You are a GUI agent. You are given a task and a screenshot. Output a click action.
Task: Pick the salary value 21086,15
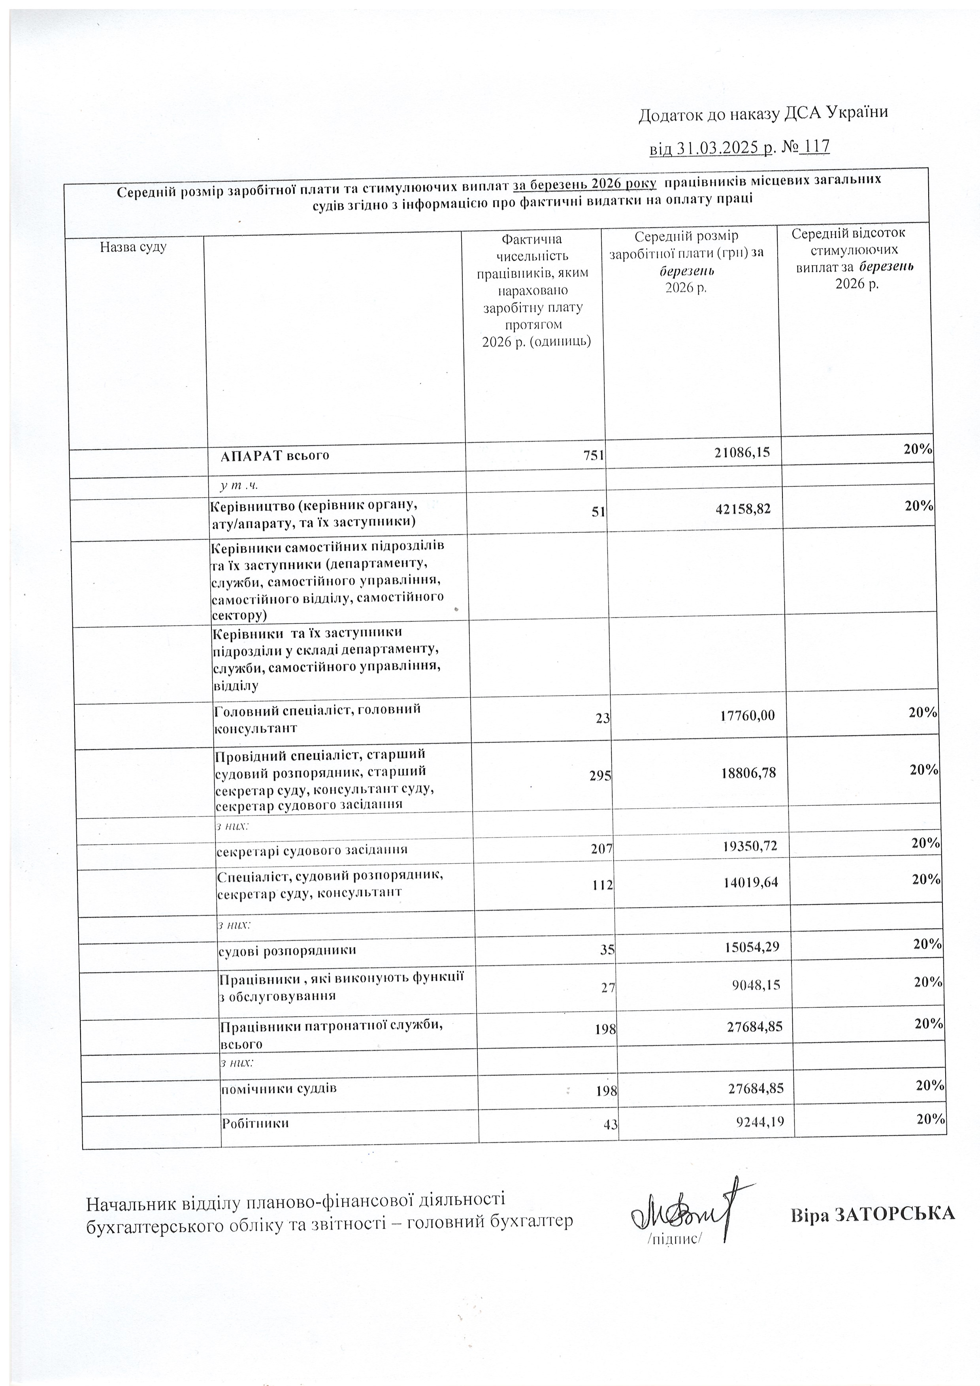[741, 452]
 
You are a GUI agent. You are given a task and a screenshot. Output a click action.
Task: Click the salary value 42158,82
[742, 510]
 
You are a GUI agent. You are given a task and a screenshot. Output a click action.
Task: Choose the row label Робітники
[255, 1123]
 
